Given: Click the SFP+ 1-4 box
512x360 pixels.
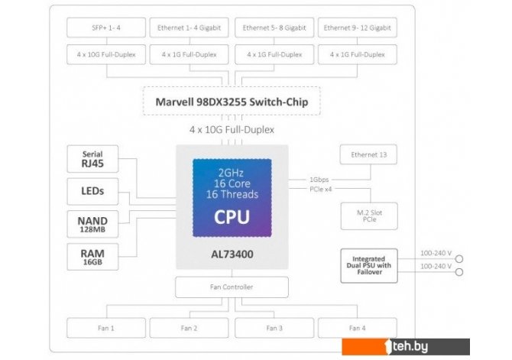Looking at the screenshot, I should point(105,28).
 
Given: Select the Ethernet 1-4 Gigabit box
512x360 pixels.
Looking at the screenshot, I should point(190,28).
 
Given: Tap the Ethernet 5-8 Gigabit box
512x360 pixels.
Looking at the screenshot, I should point(274,28).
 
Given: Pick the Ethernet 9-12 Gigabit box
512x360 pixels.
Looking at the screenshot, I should point(358,28).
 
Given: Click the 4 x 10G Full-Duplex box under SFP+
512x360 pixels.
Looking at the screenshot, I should point(105,54).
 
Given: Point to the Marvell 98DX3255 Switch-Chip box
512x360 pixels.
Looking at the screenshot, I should point(232,101).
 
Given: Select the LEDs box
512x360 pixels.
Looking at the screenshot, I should point(92,190).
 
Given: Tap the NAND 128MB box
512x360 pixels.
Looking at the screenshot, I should point(92,224).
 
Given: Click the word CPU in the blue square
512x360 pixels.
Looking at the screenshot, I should point(232,216).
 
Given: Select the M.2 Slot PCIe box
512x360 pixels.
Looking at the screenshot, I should point(369,216).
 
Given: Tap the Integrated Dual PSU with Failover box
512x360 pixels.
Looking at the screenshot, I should point(369,264).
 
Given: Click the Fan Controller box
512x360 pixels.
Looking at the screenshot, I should point(232,287).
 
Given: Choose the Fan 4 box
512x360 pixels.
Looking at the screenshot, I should point(358,328).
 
